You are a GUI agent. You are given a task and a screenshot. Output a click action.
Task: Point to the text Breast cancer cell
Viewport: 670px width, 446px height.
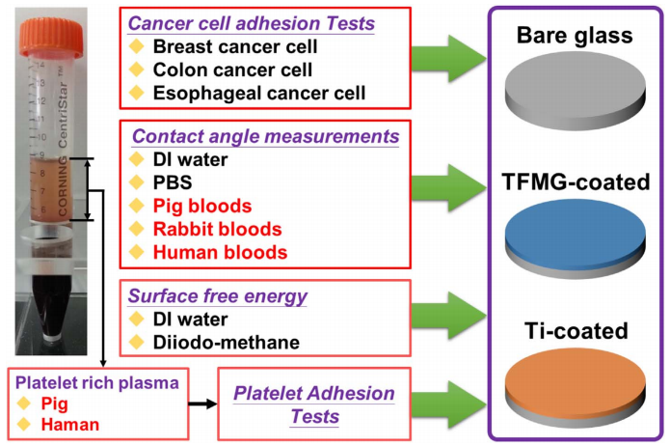235,46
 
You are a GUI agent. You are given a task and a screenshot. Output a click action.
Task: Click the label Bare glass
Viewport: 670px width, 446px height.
573,37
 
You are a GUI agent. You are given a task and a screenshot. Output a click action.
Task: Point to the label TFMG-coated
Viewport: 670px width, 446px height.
573,182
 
